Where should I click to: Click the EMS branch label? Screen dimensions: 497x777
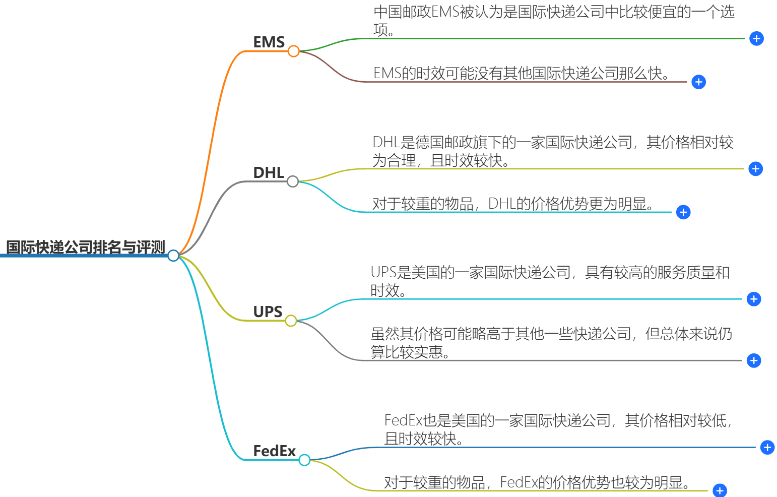point(269,42)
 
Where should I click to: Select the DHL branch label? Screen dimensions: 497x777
point(269,173)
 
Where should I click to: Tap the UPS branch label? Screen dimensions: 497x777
point(268,312)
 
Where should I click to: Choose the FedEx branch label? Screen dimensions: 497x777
point(274,451)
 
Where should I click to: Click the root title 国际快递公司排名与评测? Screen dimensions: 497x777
point(86,247)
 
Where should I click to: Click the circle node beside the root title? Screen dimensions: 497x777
point(173,256)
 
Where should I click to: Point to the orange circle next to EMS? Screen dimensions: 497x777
point(294,51)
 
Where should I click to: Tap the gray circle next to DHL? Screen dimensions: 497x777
point(293,181)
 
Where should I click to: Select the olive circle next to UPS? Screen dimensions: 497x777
point(291,321)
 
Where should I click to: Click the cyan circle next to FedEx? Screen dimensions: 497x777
point(304,460)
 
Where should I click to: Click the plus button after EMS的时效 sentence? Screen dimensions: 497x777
point(698,82)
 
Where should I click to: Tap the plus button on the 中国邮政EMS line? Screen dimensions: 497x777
point(756,39)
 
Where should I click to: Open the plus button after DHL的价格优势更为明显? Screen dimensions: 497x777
point(683,212)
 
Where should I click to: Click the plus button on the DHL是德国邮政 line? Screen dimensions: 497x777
point(755,169)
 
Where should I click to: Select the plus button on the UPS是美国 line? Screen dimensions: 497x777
point(754,299)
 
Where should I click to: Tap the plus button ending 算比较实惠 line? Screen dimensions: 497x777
point(754,360)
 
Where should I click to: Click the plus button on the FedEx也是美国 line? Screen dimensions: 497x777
point(767,447)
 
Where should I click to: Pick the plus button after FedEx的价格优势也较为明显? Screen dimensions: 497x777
point(720,490)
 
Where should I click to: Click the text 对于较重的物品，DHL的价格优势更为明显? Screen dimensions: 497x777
point(514,204)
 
